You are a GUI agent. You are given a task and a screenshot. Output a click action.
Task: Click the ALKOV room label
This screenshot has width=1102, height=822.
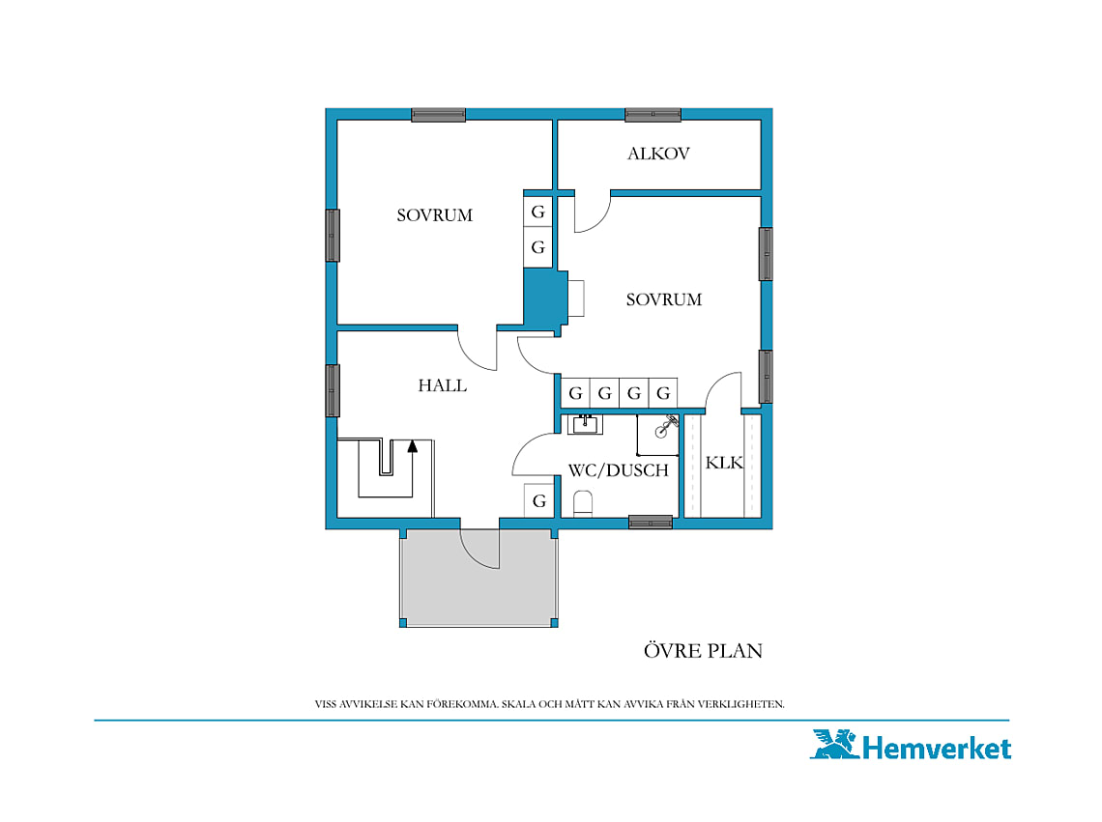[x=658, y=154]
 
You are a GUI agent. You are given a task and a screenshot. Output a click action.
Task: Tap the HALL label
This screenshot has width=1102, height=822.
[x=442, y=385]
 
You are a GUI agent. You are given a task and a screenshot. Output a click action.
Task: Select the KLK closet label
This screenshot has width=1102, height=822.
[x=724, y=463]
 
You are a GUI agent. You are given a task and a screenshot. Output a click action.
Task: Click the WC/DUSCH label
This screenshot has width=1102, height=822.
[x=619, y=470]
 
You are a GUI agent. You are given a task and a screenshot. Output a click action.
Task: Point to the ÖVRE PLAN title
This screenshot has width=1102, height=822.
[x=703, y=651]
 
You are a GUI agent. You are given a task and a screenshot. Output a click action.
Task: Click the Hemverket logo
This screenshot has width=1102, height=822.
[x=911, y=746]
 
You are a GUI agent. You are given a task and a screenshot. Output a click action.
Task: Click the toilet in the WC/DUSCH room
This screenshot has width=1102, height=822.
[x=583, y=504]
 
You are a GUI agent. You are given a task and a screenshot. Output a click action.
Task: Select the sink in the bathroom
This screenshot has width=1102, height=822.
[x=585, y=424]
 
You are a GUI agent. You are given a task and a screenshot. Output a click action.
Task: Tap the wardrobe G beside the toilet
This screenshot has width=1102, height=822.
[x=539, y=501]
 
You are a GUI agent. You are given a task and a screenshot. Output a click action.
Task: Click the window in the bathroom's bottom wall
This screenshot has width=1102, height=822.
[x=651, y=522]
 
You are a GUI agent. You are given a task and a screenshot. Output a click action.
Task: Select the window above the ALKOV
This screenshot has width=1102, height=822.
[x=652, y=115]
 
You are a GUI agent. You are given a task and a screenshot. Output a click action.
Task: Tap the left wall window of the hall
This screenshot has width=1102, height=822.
[x=333, y=390]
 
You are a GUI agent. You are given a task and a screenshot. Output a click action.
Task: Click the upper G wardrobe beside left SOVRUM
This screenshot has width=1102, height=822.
[x=537, y=212]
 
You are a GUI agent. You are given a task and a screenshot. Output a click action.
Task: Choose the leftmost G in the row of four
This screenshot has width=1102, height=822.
[x=575, y=393]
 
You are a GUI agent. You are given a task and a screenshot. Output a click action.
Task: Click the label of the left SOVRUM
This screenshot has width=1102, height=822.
[x=434, y=215]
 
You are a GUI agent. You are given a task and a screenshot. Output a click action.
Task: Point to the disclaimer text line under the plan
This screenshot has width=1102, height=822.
[x=550, y=704]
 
